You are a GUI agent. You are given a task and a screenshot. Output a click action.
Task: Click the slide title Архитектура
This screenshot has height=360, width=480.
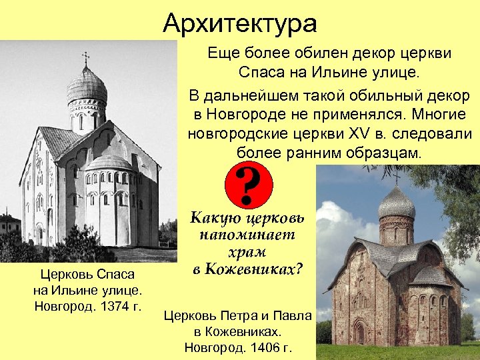point(240,24)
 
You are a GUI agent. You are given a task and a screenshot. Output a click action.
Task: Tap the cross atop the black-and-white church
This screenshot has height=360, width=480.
point(86,58)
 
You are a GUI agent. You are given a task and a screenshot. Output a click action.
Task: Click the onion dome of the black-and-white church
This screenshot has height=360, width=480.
point(87,85)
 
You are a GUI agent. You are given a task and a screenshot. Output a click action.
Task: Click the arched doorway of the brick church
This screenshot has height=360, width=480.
point(360,331)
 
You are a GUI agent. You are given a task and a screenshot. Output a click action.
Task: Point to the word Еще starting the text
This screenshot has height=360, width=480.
point(224,53)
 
